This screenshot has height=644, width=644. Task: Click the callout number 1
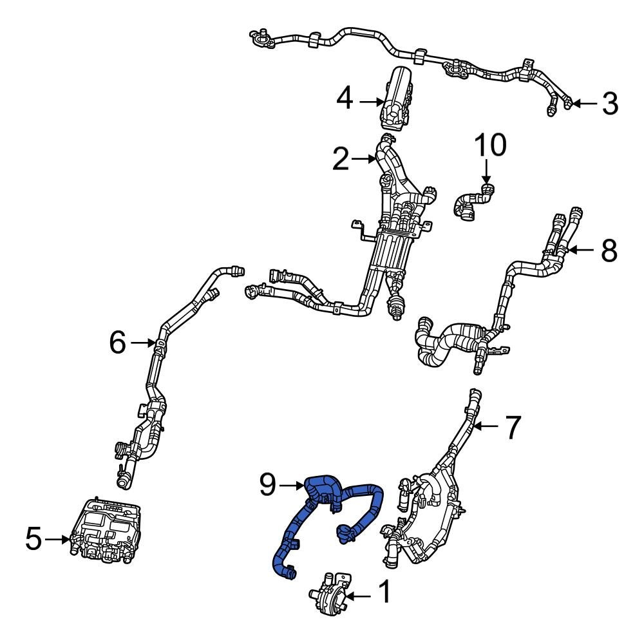pos(383,593)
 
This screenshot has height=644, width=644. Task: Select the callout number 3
pos(609,103)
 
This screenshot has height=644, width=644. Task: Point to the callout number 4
pos(345,100)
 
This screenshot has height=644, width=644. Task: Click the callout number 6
pos(117,343)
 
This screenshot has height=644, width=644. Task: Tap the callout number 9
pos(271,484)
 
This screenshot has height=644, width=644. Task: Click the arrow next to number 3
pos(583,103)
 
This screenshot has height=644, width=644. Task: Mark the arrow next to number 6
pos(142,343)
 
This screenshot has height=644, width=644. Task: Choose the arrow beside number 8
pos(581,250)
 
